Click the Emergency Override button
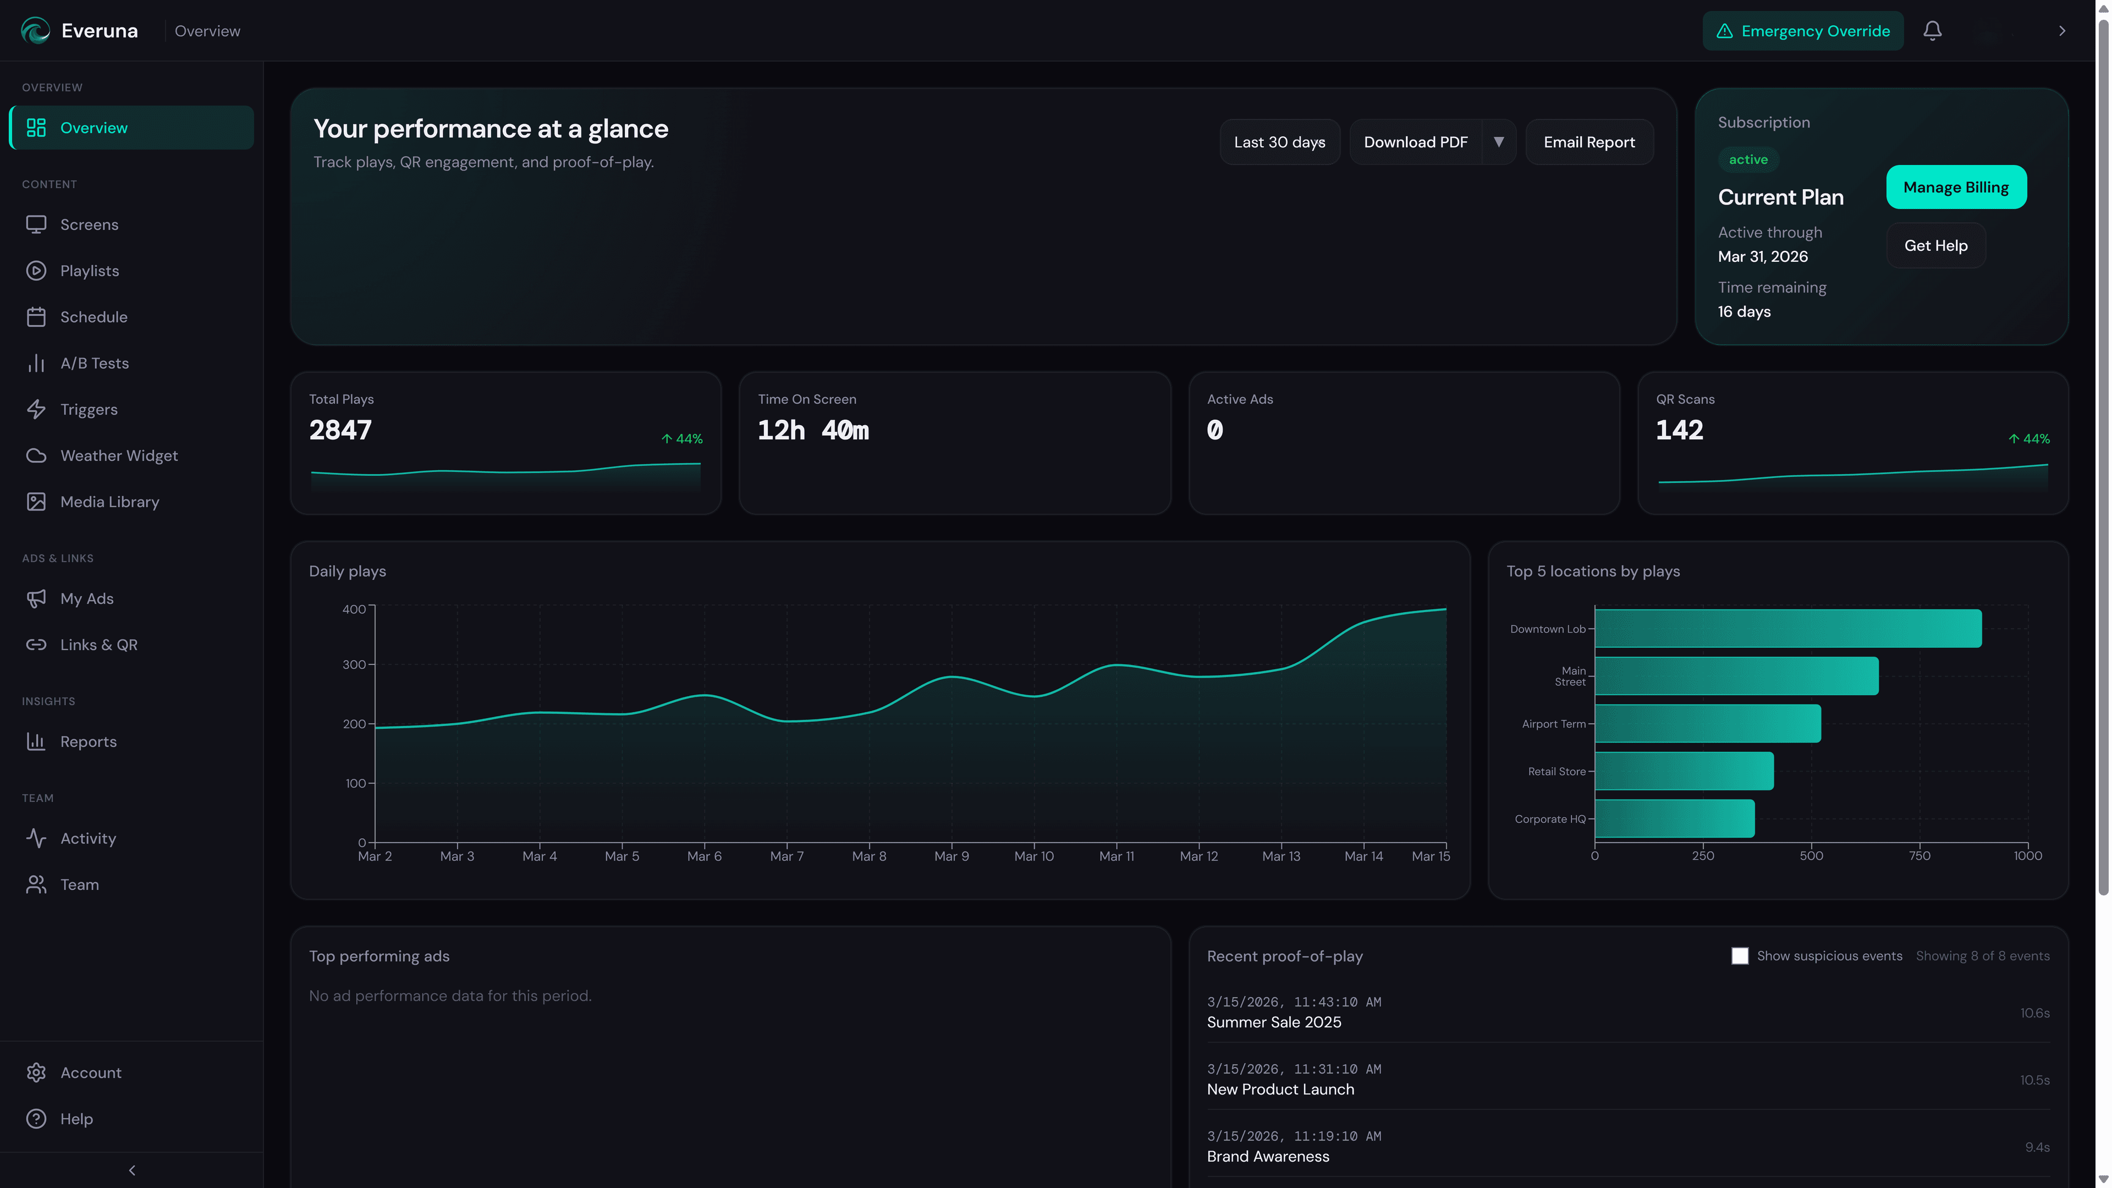coord(1802,31)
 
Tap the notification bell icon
coord(1933,31)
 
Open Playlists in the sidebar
coord(89,271)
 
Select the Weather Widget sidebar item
coord(119,456)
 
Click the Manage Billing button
coord(1955,188)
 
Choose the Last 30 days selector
coord(1279,142)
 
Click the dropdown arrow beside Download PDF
coord(1499,142)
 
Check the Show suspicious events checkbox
coord(1740,956)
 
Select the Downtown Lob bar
coord(1788,629)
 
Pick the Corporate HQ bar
coord(1674,819)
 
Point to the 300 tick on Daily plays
coord(354,665)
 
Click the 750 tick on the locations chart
coord(1920,856)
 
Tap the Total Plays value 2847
coord(340,431)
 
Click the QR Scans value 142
coord(1679,431)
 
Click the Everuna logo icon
coord(35,31)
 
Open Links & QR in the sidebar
coord(98,645)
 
